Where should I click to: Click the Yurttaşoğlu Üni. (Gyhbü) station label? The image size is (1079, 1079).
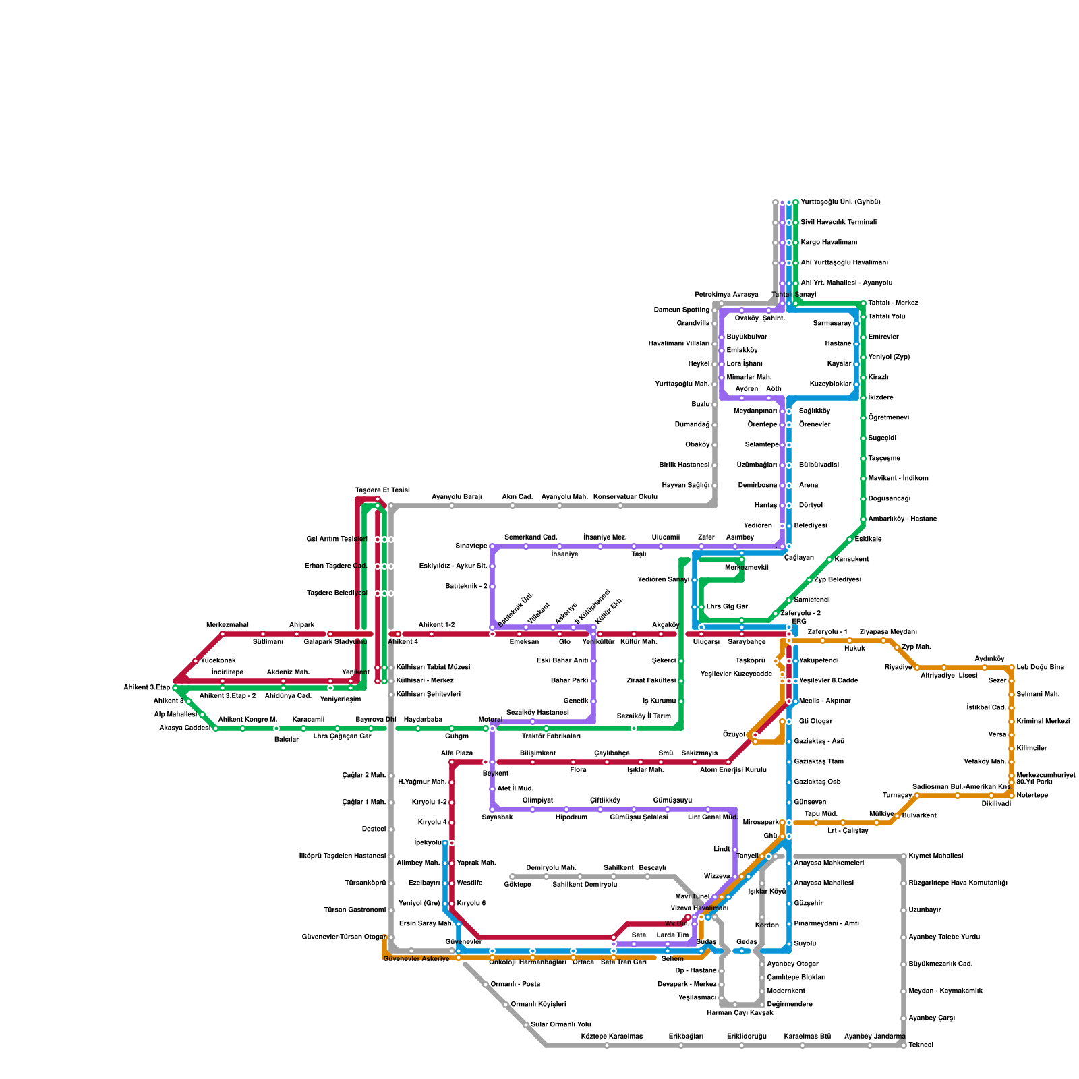click(840, 202)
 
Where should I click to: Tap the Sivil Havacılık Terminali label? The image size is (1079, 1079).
click(838, 222)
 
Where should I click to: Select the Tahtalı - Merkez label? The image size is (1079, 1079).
click(893, 303)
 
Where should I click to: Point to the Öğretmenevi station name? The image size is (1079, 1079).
click(889, 417)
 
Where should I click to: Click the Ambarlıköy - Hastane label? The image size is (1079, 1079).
click(902, 519)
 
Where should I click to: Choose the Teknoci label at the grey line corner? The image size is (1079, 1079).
click(921, 1045)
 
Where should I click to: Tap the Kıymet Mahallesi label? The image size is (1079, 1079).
click(935, 856)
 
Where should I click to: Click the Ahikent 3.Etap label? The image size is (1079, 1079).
click(146, 687)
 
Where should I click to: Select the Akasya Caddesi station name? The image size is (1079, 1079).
click(184, 728)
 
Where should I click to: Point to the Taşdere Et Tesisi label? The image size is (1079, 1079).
click(382, 490)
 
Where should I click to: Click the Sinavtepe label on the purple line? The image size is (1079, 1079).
click(471, 546)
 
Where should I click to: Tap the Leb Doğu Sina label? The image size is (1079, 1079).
click(1040, 667)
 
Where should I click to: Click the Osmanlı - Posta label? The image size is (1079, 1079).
click(515, 984)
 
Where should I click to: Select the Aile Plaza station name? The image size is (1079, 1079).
click(457, 753)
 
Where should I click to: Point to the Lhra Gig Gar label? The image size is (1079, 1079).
click(727, 606)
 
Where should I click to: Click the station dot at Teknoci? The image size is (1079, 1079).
click(904, 1045)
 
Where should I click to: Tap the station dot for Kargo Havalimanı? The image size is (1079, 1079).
click(796, 243)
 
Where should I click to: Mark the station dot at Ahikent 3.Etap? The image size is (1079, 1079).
click(175, 688)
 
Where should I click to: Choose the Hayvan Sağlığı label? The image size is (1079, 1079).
click(685, 485)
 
